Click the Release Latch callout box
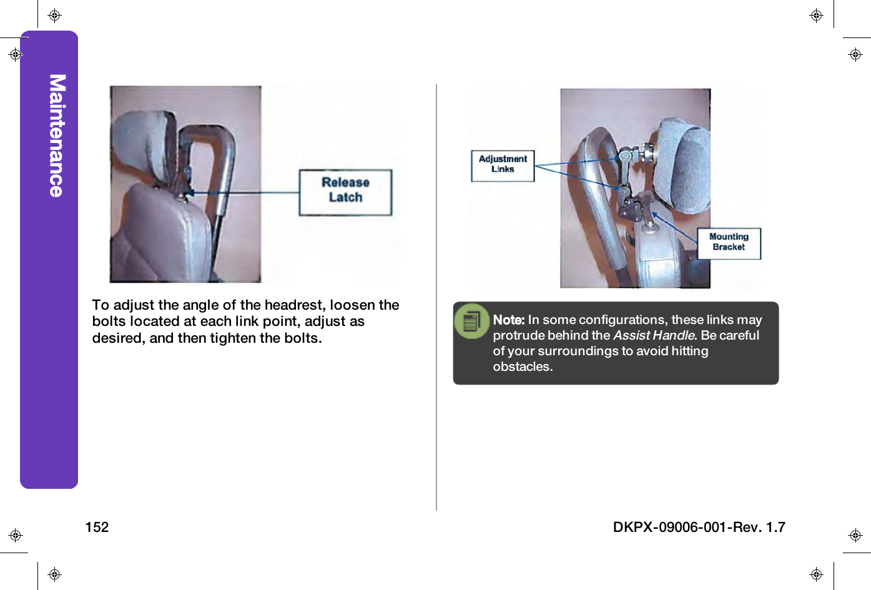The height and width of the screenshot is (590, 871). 345,192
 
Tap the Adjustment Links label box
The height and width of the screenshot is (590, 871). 503,165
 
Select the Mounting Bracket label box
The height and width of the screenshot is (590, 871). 729,243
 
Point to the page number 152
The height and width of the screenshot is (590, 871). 97,527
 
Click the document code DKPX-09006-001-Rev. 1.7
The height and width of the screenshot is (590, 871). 699,527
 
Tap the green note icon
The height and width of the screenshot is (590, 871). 472,321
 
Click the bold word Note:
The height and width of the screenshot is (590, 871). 508,320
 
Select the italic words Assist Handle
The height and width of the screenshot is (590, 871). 654,335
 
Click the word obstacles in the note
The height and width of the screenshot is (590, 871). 522,366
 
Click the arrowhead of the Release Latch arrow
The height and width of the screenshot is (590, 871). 190,193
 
